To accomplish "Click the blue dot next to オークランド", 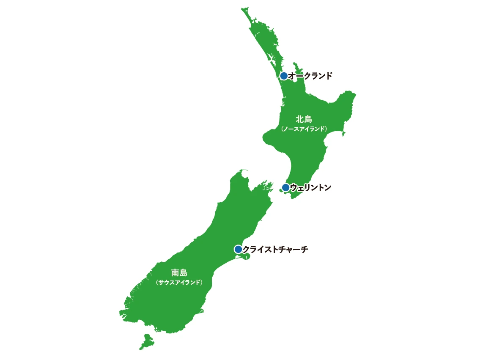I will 284,76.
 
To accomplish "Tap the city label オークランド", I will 310,76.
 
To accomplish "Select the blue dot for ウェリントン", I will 285,187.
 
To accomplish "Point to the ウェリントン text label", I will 311,187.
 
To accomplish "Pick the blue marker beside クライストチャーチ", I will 238,249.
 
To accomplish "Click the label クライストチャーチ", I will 275,250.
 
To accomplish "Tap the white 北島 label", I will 304,119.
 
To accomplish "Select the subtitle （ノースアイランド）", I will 304,129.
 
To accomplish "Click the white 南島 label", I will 179,273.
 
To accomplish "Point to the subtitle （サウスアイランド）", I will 179,282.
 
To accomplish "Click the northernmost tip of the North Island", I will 243,8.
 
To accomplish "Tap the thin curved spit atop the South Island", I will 243,172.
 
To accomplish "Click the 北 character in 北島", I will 299,119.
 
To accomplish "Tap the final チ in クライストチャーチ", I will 304,250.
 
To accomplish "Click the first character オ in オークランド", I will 292,76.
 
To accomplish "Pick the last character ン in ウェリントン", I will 327,187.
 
